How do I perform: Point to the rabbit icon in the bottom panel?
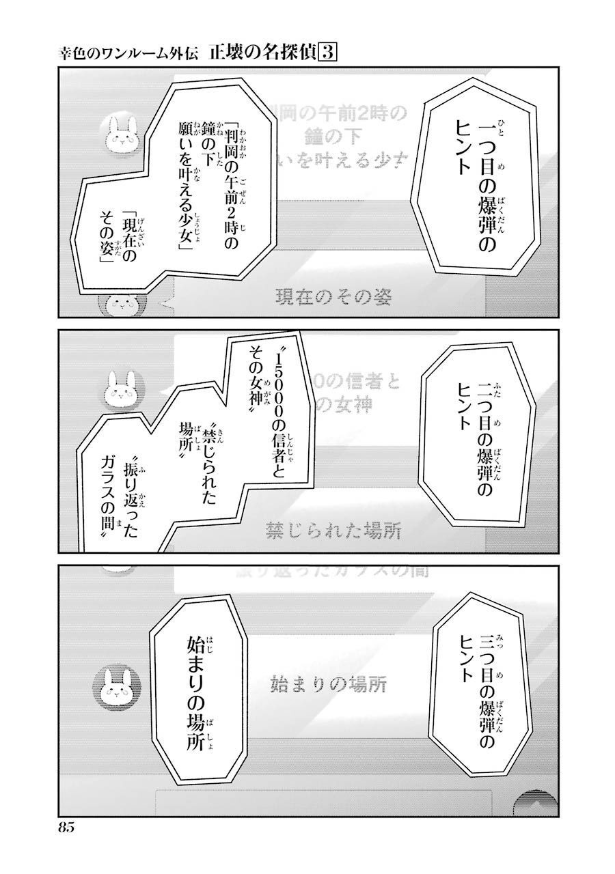pyautogui.click(x=121, y=683)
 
